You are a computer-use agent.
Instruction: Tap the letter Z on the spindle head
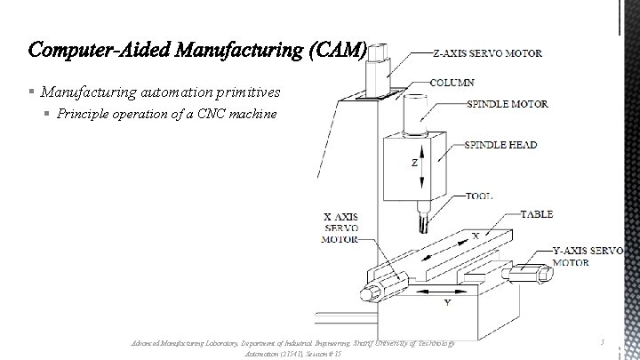(413, 163)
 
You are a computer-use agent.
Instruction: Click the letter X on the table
(475, 235)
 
